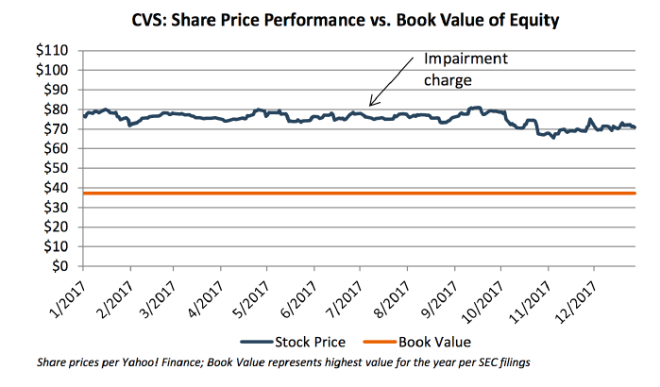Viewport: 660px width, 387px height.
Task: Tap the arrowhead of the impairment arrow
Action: (371, 104)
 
